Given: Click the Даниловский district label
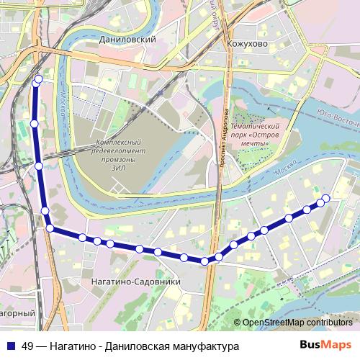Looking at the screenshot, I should click(130, 41).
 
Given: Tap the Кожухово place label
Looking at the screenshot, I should click(247, 42).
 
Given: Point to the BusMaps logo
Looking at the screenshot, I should click(326, 346).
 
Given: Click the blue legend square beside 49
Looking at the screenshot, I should click(10, 346).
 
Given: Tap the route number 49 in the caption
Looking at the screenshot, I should click(29, 346).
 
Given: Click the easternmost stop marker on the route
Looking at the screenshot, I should click(325, 198).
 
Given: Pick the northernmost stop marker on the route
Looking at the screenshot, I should click(38, 78).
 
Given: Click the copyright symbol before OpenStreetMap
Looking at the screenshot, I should click(238, 323).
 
